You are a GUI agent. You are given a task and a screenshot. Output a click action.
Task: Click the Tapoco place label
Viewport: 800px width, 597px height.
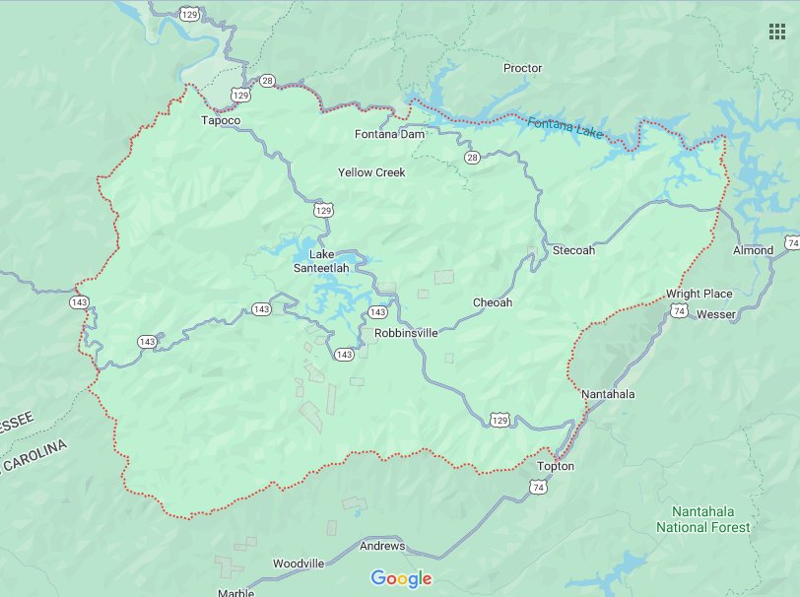point(220,120)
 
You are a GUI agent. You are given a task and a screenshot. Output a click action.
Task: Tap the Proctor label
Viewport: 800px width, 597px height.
point(522,68)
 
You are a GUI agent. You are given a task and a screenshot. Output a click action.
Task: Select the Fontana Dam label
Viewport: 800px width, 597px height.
point(389,133)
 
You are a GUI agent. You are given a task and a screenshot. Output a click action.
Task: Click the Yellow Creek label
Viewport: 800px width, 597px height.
point(371,172)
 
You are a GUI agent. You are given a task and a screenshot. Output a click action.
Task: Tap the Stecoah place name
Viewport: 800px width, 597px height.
point(573,250)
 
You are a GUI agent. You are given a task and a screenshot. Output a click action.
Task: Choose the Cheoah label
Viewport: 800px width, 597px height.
point(493,302)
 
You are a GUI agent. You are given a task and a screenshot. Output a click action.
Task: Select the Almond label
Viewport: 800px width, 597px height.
point(753,250)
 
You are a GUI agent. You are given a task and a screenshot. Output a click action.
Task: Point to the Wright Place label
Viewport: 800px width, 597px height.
point(699,294)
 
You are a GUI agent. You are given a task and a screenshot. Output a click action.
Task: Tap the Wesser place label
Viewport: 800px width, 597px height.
point(715,314)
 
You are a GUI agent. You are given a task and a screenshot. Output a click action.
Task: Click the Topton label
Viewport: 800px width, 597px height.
point(556,466)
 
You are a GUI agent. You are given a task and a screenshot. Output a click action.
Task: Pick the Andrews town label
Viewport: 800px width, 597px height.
point(381,545)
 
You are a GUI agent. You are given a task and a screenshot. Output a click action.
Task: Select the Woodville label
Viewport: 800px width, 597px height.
point(299,563)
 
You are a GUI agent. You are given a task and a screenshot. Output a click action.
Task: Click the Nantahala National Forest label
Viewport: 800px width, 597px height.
point(709,519)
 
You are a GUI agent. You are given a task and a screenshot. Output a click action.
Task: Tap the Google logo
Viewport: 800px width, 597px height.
point(401,578)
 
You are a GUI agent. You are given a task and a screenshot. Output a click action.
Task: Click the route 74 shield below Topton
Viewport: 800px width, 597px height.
point(538,487)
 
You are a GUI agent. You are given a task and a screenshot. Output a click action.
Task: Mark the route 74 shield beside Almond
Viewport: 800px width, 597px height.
point(791,242)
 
